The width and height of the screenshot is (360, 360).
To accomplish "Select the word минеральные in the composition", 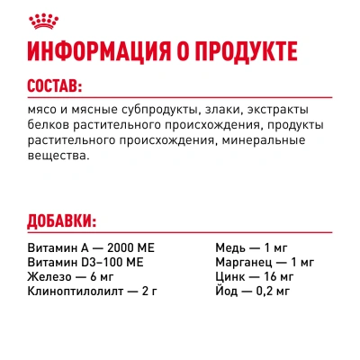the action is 296,141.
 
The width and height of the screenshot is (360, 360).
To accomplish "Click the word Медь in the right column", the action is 230,248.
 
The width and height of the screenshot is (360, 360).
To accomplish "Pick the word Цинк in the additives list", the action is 229,277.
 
